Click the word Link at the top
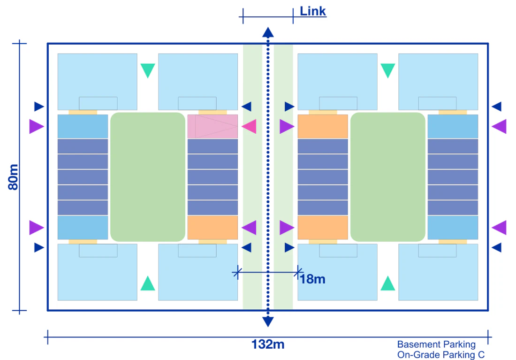coord(312,11)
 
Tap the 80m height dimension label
coord(13,177)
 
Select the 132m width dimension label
coord(267,345)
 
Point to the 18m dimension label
coord(312,279)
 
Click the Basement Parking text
coord(436,345)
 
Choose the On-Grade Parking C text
coord(441,355)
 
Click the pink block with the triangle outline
coord(212,126)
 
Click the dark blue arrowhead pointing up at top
coord(268,32)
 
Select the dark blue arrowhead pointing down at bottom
coord(268,322)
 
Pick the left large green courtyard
coord(148,177)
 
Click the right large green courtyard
coord(388,177)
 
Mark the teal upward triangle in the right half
coord(387,283)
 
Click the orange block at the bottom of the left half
coord(212,228)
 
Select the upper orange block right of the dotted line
coord(323,126)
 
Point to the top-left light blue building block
coord(98,82)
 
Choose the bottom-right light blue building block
coord(438,272)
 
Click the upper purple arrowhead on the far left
coord(37,126)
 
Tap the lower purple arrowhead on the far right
coord(499,228)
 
